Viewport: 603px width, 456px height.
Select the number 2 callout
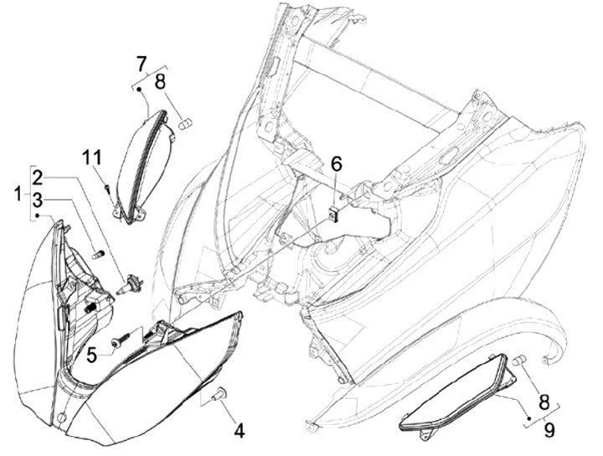point(38,178)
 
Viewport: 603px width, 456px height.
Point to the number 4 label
point(239,432)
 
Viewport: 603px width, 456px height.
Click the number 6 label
point(336,163)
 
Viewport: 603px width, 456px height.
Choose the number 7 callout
point(142,62)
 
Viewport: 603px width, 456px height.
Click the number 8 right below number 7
point(159,82)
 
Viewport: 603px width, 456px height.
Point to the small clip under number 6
point(334,214)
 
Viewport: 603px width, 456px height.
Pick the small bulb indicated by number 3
point(96,253)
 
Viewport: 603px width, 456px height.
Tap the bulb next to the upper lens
point(185,125)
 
